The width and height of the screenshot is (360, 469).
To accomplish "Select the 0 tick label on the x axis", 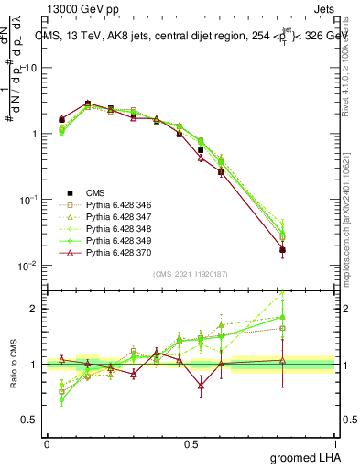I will [47, 443].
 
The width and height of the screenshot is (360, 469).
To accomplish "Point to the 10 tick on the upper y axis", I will [31, 68].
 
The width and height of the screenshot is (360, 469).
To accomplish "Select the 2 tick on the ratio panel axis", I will [37, 309].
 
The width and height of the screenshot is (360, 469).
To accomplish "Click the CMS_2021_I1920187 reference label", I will [191, 274].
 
